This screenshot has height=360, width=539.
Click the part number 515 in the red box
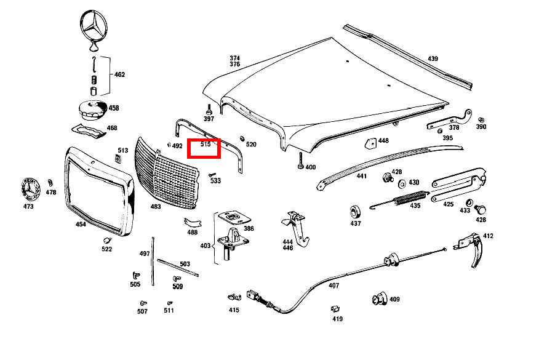click(206, 145)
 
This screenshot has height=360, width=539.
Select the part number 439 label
click(433, 59)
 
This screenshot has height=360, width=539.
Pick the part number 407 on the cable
click(333, 285)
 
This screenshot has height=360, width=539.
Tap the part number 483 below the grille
click(156, 207)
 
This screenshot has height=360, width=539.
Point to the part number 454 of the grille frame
click(81, 224)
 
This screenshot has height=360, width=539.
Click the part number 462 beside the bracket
click(119, 74)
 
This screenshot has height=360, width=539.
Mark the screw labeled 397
click(209, 111)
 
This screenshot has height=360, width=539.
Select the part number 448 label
click(383, 141)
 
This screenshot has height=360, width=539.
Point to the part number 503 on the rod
click(185, 264)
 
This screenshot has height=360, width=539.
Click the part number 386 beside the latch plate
click(249, 228)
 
